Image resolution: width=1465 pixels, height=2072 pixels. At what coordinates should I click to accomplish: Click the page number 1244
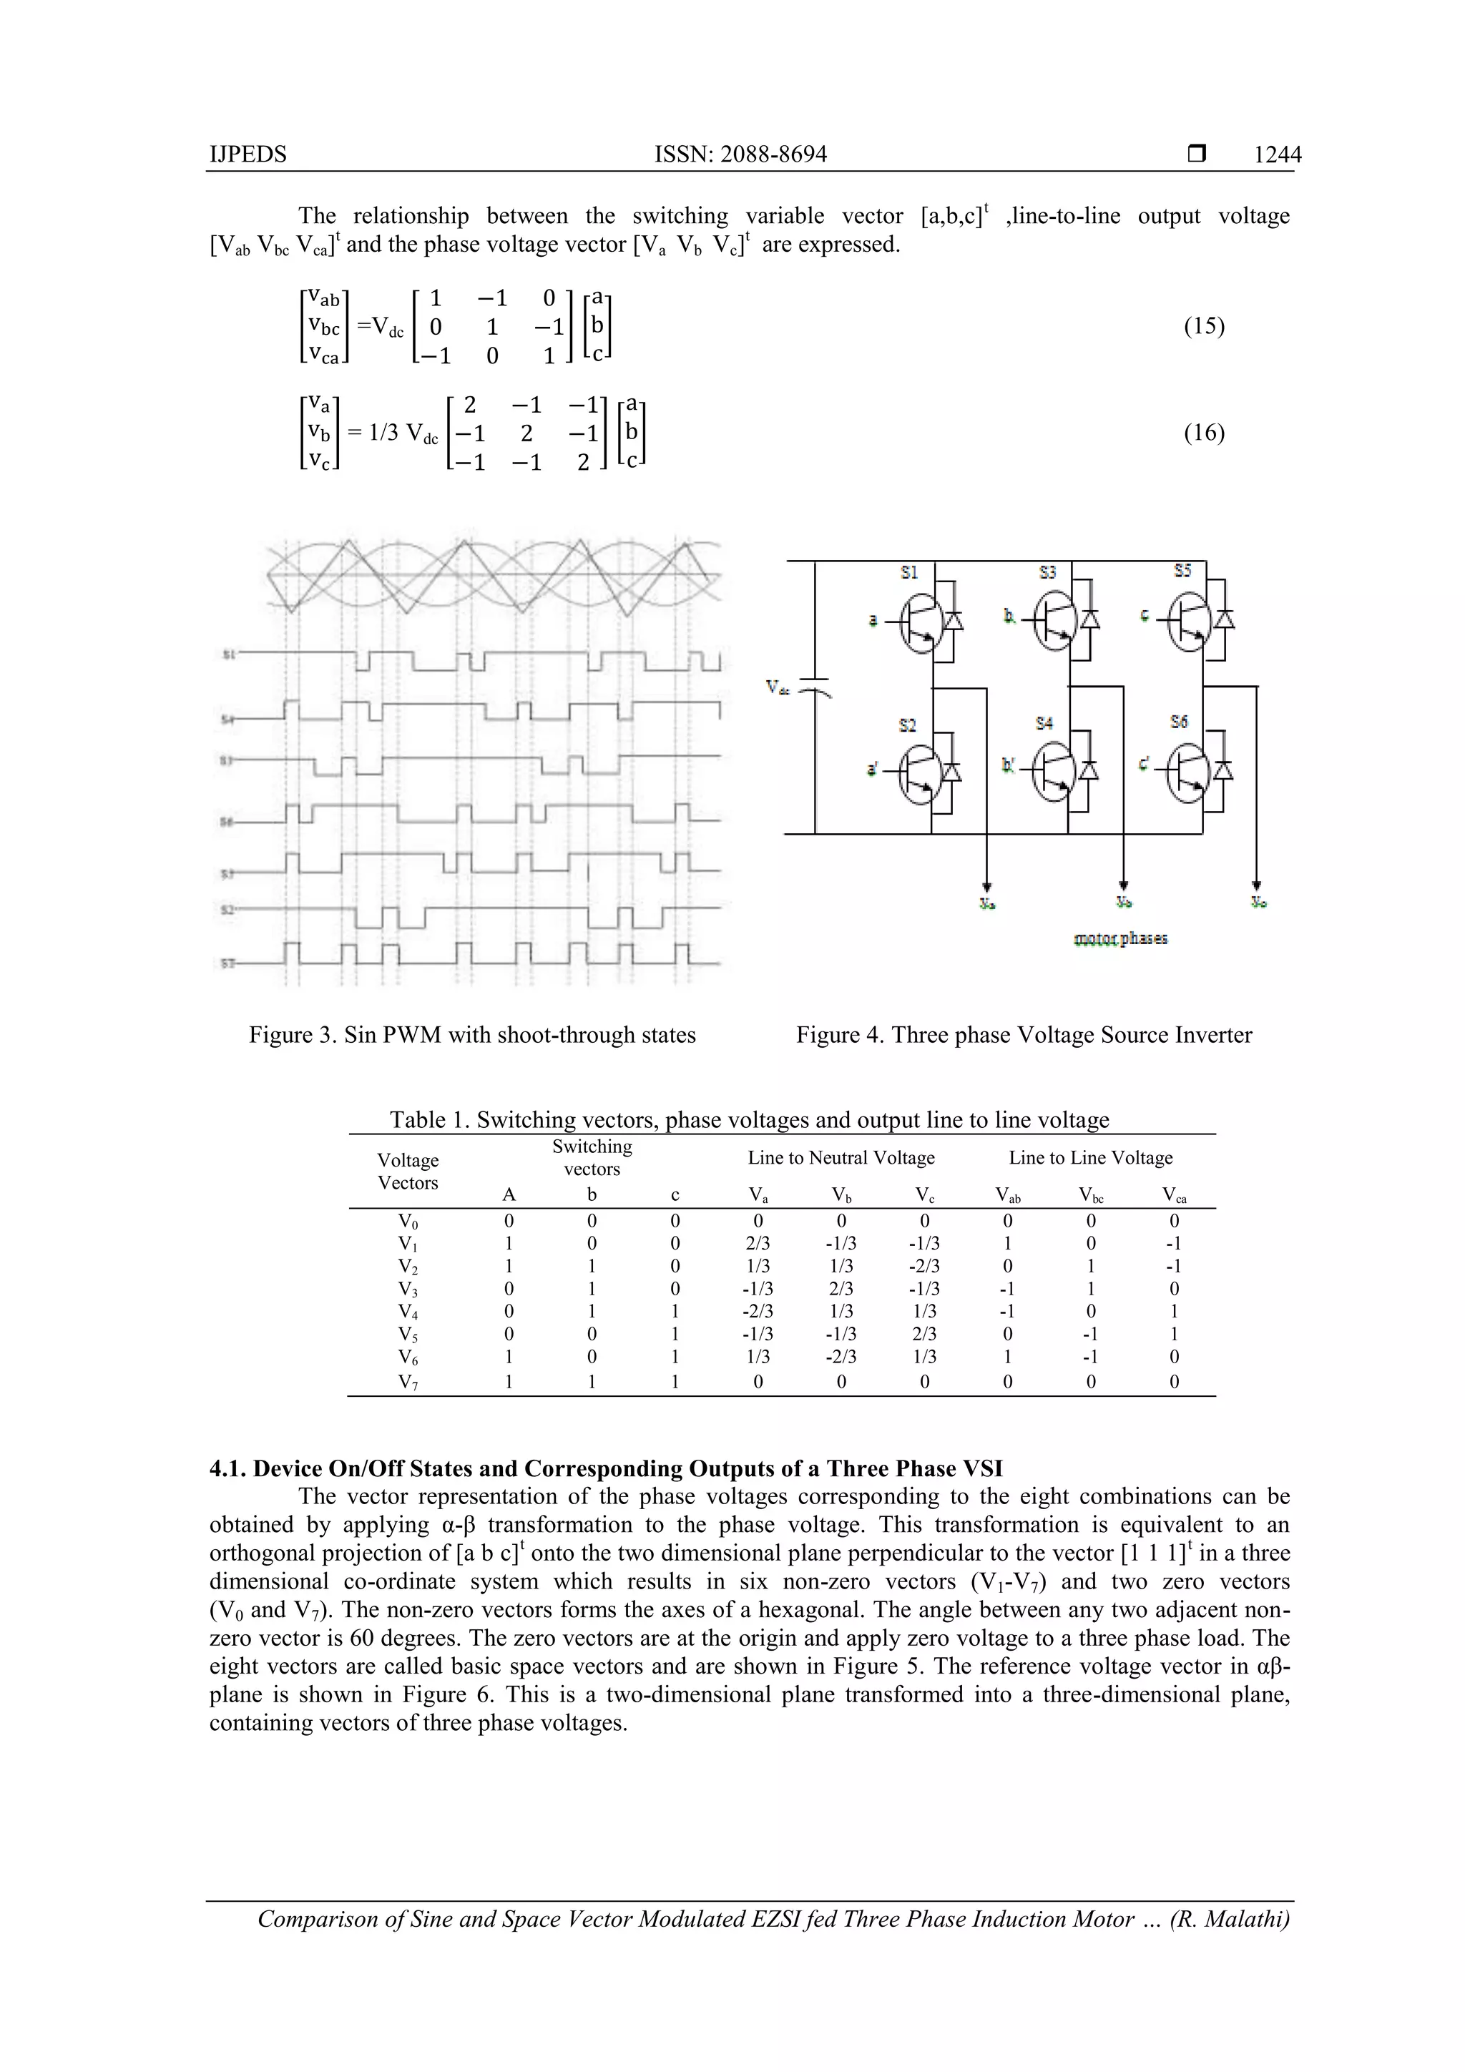tap(1278, 154)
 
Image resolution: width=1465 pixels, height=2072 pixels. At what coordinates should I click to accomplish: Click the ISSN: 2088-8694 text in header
tap(740, 154)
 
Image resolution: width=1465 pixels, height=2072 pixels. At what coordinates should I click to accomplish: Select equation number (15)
tap(1203, 325)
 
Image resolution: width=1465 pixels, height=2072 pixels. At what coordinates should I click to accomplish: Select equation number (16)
tap(1203, 433)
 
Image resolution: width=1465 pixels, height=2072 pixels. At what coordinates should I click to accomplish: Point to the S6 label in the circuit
tap(1179, 722)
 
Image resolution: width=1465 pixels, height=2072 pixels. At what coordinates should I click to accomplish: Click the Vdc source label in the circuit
tap(777, 687)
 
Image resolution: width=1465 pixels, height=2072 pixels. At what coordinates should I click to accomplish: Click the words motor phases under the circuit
tap(1120, 938)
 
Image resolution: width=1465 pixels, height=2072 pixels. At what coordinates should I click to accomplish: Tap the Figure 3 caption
tap(472, 1035)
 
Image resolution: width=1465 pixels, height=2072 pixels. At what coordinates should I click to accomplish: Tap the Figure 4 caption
tap(1024, 1035)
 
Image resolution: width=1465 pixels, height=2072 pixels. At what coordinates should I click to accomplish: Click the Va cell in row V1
tap(758, 1244)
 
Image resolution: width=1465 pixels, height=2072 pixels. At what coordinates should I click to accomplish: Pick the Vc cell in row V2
tap(924, 1266)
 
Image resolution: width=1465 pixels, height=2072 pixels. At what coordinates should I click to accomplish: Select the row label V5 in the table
tap(408, 1335)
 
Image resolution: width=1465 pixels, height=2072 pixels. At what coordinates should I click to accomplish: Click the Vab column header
tap(1007, 1196)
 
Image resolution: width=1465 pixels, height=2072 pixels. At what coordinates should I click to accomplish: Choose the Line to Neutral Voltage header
tap(841, 1158)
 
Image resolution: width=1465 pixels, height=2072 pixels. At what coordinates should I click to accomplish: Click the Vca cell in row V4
tap(1173, 1311)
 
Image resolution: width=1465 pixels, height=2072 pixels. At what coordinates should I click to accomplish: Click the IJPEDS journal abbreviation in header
tap(248, 154)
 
